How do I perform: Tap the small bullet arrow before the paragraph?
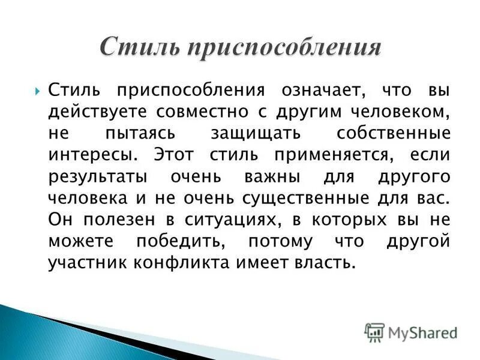(38, 91)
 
